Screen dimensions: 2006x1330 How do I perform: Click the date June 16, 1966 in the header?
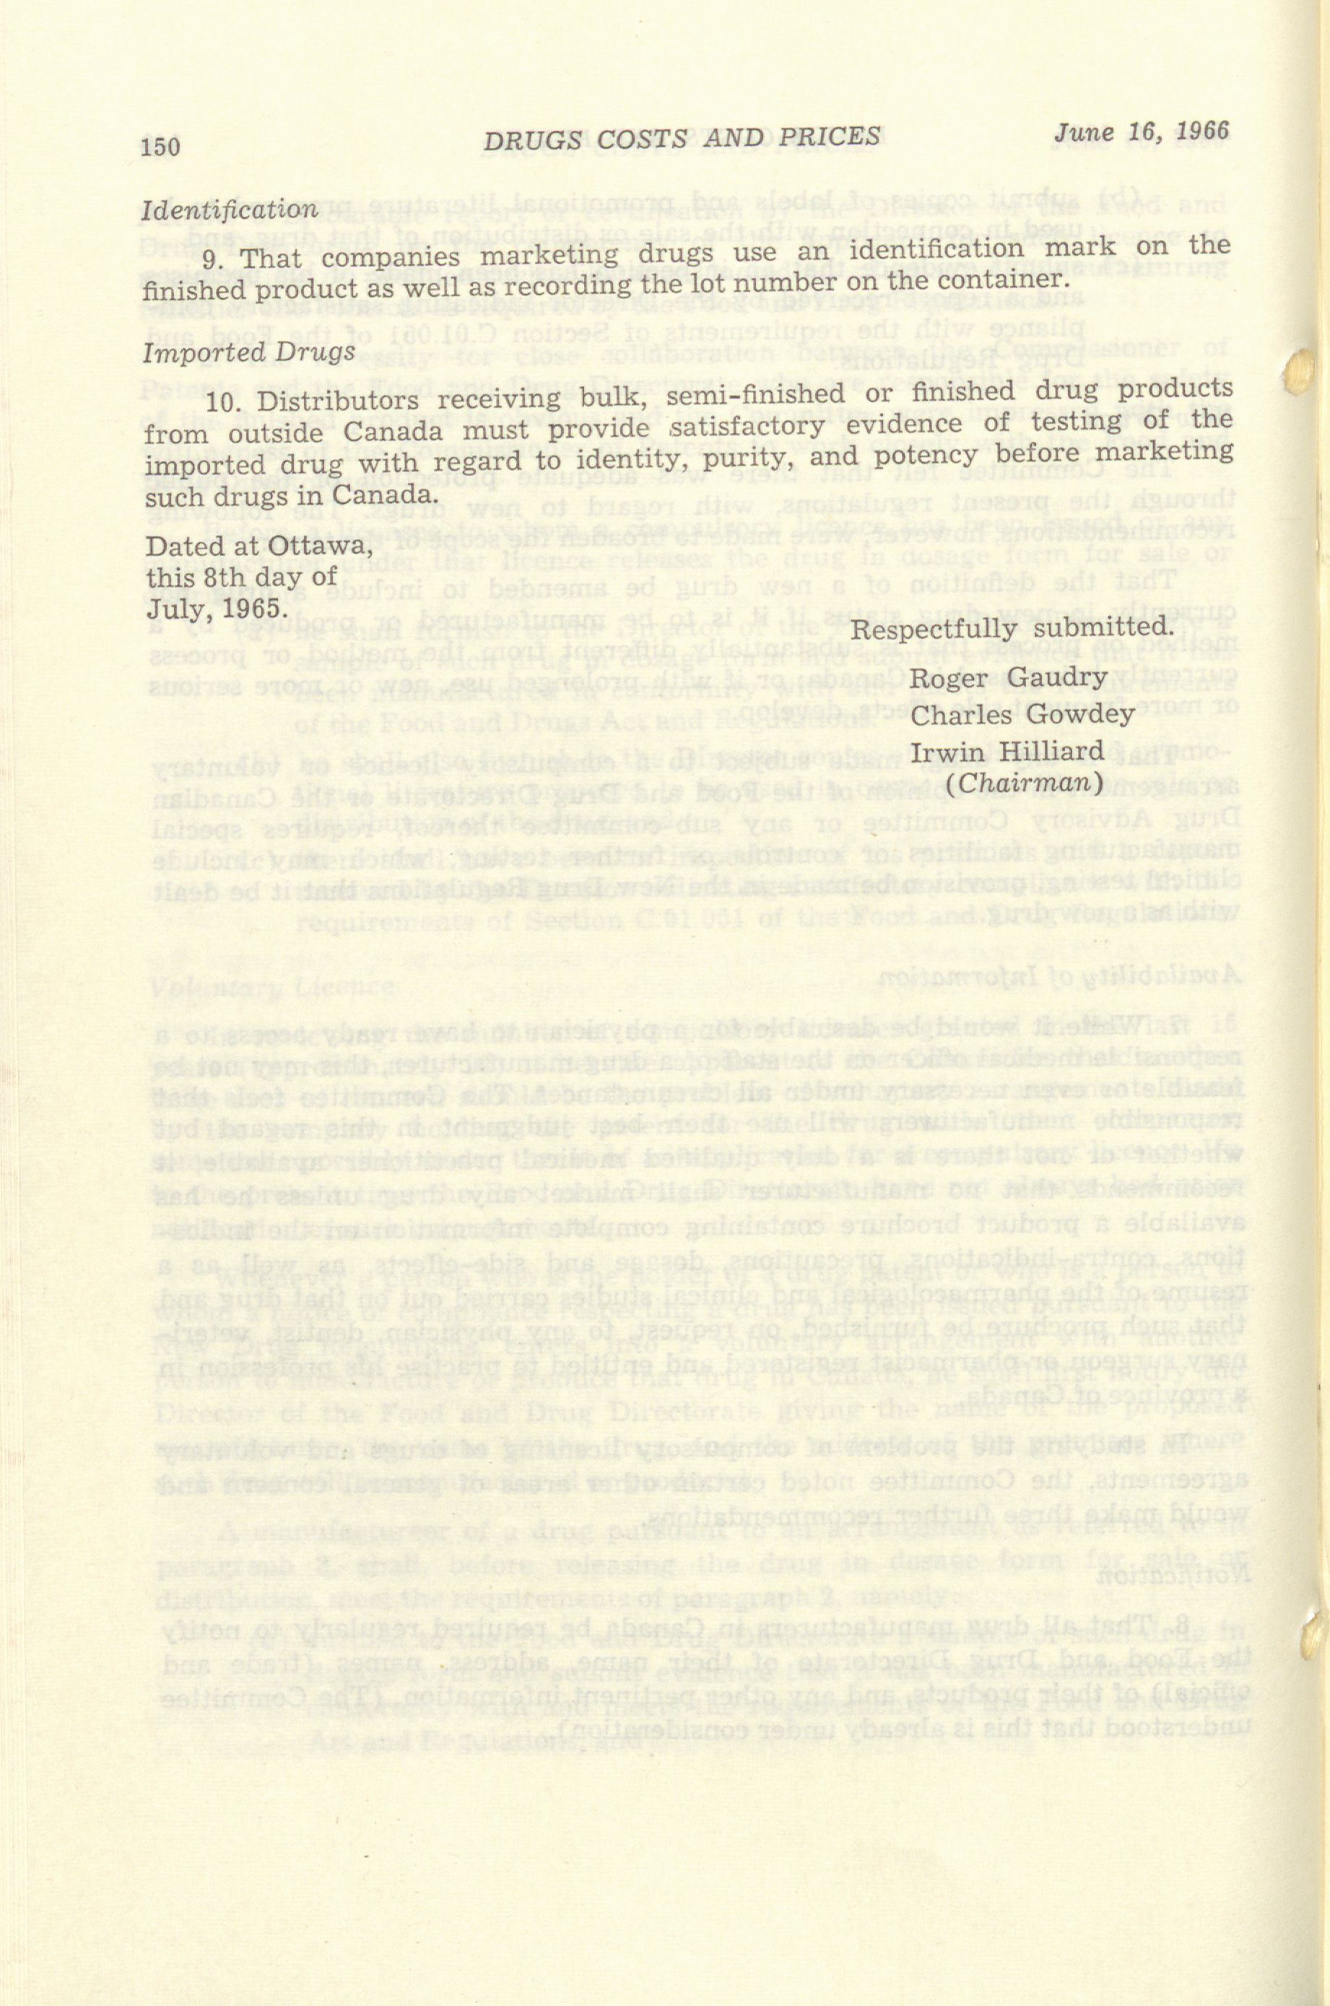1141,132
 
